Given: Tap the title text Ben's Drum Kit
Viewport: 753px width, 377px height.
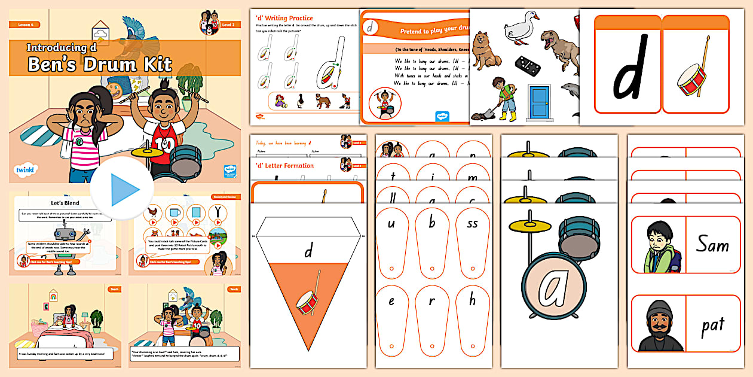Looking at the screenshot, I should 100,64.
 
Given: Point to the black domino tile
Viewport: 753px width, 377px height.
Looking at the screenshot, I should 527,63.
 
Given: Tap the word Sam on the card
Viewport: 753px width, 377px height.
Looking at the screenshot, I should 712,244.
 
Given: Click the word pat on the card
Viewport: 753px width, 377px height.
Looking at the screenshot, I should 712,325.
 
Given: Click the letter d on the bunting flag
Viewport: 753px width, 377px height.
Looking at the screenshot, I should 308,251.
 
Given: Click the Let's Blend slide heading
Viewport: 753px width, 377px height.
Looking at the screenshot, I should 65,203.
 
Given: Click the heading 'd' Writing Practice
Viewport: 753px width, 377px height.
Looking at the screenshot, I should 284,19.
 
